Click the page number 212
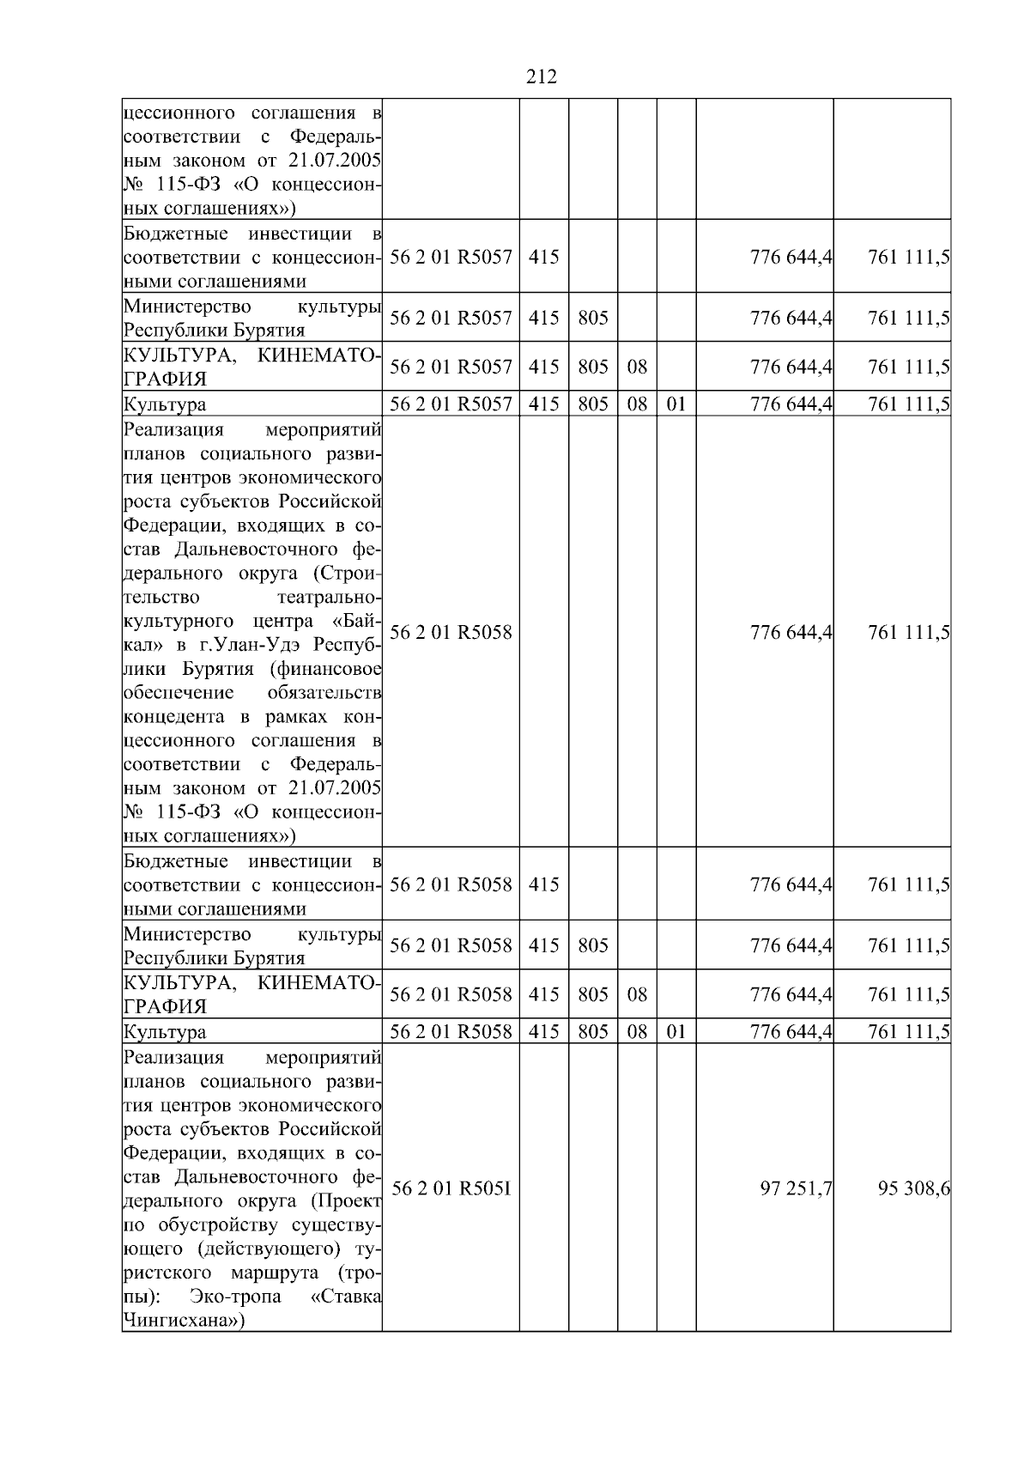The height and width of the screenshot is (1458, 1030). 541,77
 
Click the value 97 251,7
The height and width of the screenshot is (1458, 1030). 796,1188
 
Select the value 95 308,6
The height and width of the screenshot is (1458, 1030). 913,1188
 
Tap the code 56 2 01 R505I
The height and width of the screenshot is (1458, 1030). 451,1188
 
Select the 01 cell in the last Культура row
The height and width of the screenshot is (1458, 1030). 676,1031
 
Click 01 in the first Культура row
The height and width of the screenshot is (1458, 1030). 676,404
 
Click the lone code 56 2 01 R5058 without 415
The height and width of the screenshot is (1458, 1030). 451,633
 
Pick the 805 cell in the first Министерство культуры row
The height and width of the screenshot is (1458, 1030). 593,318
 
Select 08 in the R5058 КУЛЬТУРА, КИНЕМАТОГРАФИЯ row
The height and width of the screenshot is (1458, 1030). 637,994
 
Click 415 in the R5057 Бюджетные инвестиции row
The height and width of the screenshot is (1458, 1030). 543,257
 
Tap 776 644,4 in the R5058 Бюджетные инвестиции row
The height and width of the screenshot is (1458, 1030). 791,884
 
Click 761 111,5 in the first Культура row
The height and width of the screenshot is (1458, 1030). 908,404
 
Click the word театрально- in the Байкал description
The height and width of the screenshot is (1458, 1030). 330,597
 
